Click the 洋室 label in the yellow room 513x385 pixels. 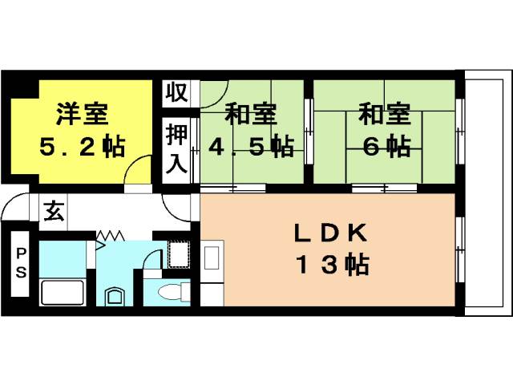coord(82,114)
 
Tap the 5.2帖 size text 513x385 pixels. coord(82,146)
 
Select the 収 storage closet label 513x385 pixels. coord(176,93)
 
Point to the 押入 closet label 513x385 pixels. coord(176,148)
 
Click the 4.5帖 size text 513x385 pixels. coord(251,146)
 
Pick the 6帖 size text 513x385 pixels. coord(386,146)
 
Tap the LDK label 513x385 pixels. coord(330,233)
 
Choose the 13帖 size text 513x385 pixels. coord(333,265)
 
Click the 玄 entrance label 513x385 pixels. coord(54,211)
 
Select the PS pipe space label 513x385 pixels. coord(21,263)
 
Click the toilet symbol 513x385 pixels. coord(174,291)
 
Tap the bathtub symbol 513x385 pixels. coord(63,293)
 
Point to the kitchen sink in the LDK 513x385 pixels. coord(212,257)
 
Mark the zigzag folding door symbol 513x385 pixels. coord(111,235)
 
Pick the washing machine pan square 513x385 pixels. coord(179,254)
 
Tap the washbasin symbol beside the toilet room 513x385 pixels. coord(115,297)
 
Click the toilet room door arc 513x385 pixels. coord(152,259)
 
